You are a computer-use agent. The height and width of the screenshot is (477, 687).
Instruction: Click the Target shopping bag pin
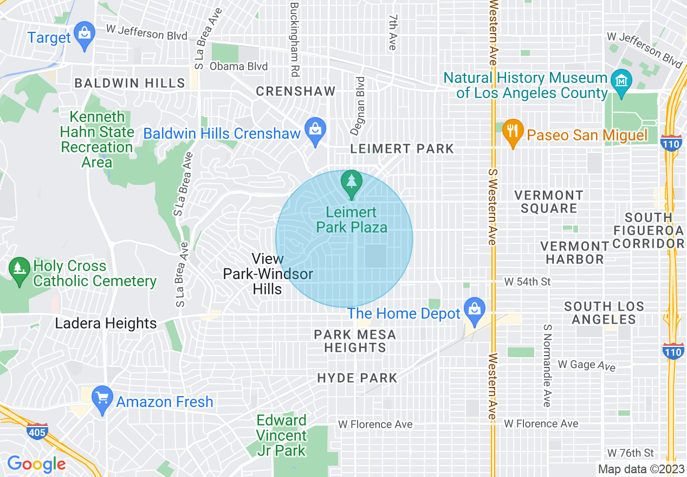point(84,35)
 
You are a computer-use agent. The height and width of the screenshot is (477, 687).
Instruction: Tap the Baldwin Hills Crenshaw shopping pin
point(315,131)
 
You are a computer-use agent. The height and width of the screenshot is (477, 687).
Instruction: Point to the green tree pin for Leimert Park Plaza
point(352,183)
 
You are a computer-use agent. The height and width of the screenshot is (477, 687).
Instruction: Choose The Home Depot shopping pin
point(475,311)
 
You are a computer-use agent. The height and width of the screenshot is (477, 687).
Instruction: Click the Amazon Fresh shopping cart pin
point(102,399)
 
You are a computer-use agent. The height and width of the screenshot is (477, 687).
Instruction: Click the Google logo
point(36,464)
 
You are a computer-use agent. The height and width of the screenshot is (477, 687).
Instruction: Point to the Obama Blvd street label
point(238,67)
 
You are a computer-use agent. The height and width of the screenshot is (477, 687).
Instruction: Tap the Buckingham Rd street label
point(295,39)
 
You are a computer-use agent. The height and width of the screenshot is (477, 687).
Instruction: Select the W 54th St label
point(527,282)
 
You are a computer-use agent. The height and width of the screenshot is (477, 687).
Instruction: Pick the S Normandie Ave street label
point(547,366)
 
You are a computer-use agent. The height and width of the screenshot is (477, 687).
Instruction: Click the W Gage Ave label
point(587,365)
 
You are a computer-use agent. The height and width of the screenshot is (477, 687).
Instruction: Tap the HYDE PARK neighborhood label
point(357,378)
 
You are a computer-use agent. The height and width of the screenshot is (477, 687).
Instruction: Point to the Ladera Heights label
point(106,324)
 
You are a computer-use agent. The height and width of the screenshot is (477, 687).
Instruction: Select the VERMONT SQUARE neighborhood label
point(548,202)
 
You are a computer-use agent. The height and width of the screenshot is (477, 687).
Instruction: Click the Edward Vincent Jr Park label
point(281,435)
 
